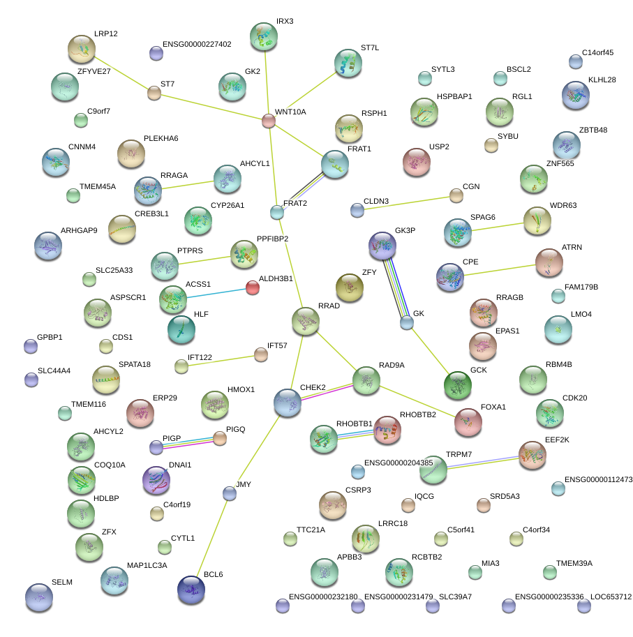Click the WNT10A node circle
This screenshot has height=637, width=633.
pos(269,121)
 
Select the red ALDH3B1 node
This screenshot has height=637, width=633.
pos(253,287)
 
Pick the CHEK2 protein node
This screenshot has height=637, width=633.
pos(288,403)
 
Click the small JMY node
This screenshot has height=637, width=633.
pos(229,494)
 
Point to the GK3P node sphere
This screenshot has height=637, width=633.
pos(382,246)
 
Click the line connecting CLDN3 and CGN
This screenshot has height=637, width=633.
pos(406,202)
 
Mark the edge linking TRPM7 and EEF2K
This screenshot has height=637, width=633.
pos(483,463)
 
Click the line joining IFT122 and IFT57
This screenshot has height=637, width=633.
pos(221,360)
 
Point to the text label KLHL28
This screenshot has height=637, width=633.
pos(602,80)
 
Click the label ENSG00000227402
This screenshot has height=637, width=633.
pos(197,45)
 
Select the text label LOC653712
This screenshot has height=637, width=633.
pos(611,597)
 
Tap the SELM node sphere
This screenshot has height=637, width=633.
pos(39,597)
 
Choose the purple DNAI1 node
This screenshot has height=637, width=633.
pos(156,480)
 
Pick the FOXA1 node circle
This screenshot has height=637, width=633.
pos(468,421)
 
